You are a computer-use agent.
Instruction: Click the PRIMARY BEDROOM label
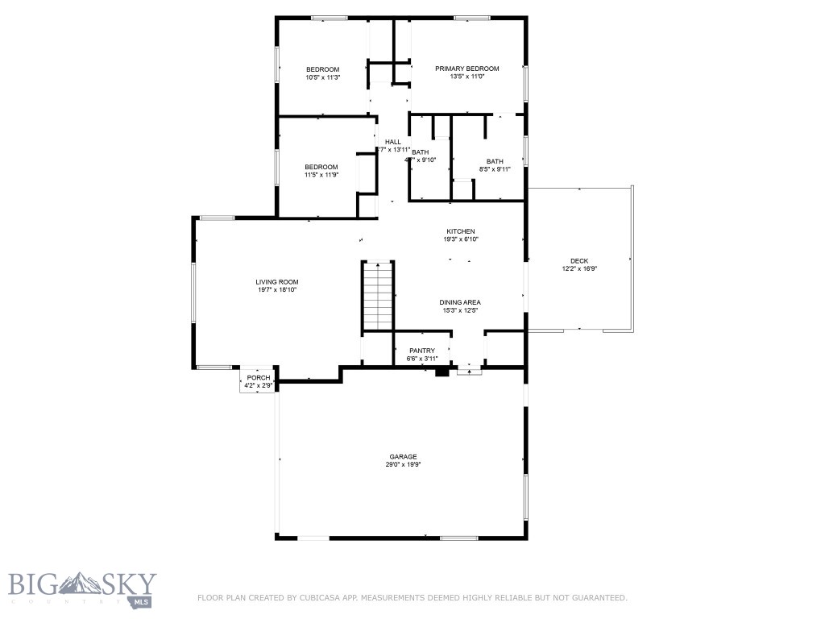click(x=467, y=69)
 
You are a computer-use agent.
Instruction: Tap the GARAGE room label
click(x=404, y=456)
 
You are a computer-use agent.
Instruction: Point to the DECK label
click(x=579, y=260)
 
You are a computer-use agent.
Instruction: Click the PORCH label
click(x=259, y=378)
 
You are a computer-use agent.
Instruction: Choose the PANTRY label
click(x=422, y=351)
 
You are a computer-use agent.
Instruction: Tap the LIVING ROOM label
click(x=277, y=282)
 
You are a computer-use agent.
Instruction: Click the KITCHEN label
click(x=461, y=231)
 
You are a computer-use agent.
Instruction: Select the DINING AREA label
click(x=460, y=302)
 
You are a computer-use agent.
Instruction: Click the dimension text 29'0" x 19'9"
click(x=404, y=464)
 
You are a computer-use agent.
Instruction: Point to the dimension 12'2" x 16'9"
click(x=579, y=268)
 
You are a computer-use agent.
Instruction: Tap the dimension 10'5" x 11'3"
click(x=322, y=77)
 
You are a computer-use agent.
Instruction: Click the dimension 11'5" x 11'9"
click(x=321, y=175)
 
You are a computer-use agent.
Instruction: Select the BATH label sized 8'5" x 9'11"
click(x=495, y=161)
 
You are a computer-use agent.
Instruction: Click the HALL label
click(x=393, y=142)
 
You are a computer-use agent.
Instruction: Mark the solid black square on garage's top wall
click(x=442, y=372)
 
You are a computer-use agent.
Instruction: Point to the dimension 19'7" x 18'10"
click(x=277, y=290)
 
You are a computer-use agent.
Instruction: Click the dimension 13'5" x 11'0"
click(x=467, y=77)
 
